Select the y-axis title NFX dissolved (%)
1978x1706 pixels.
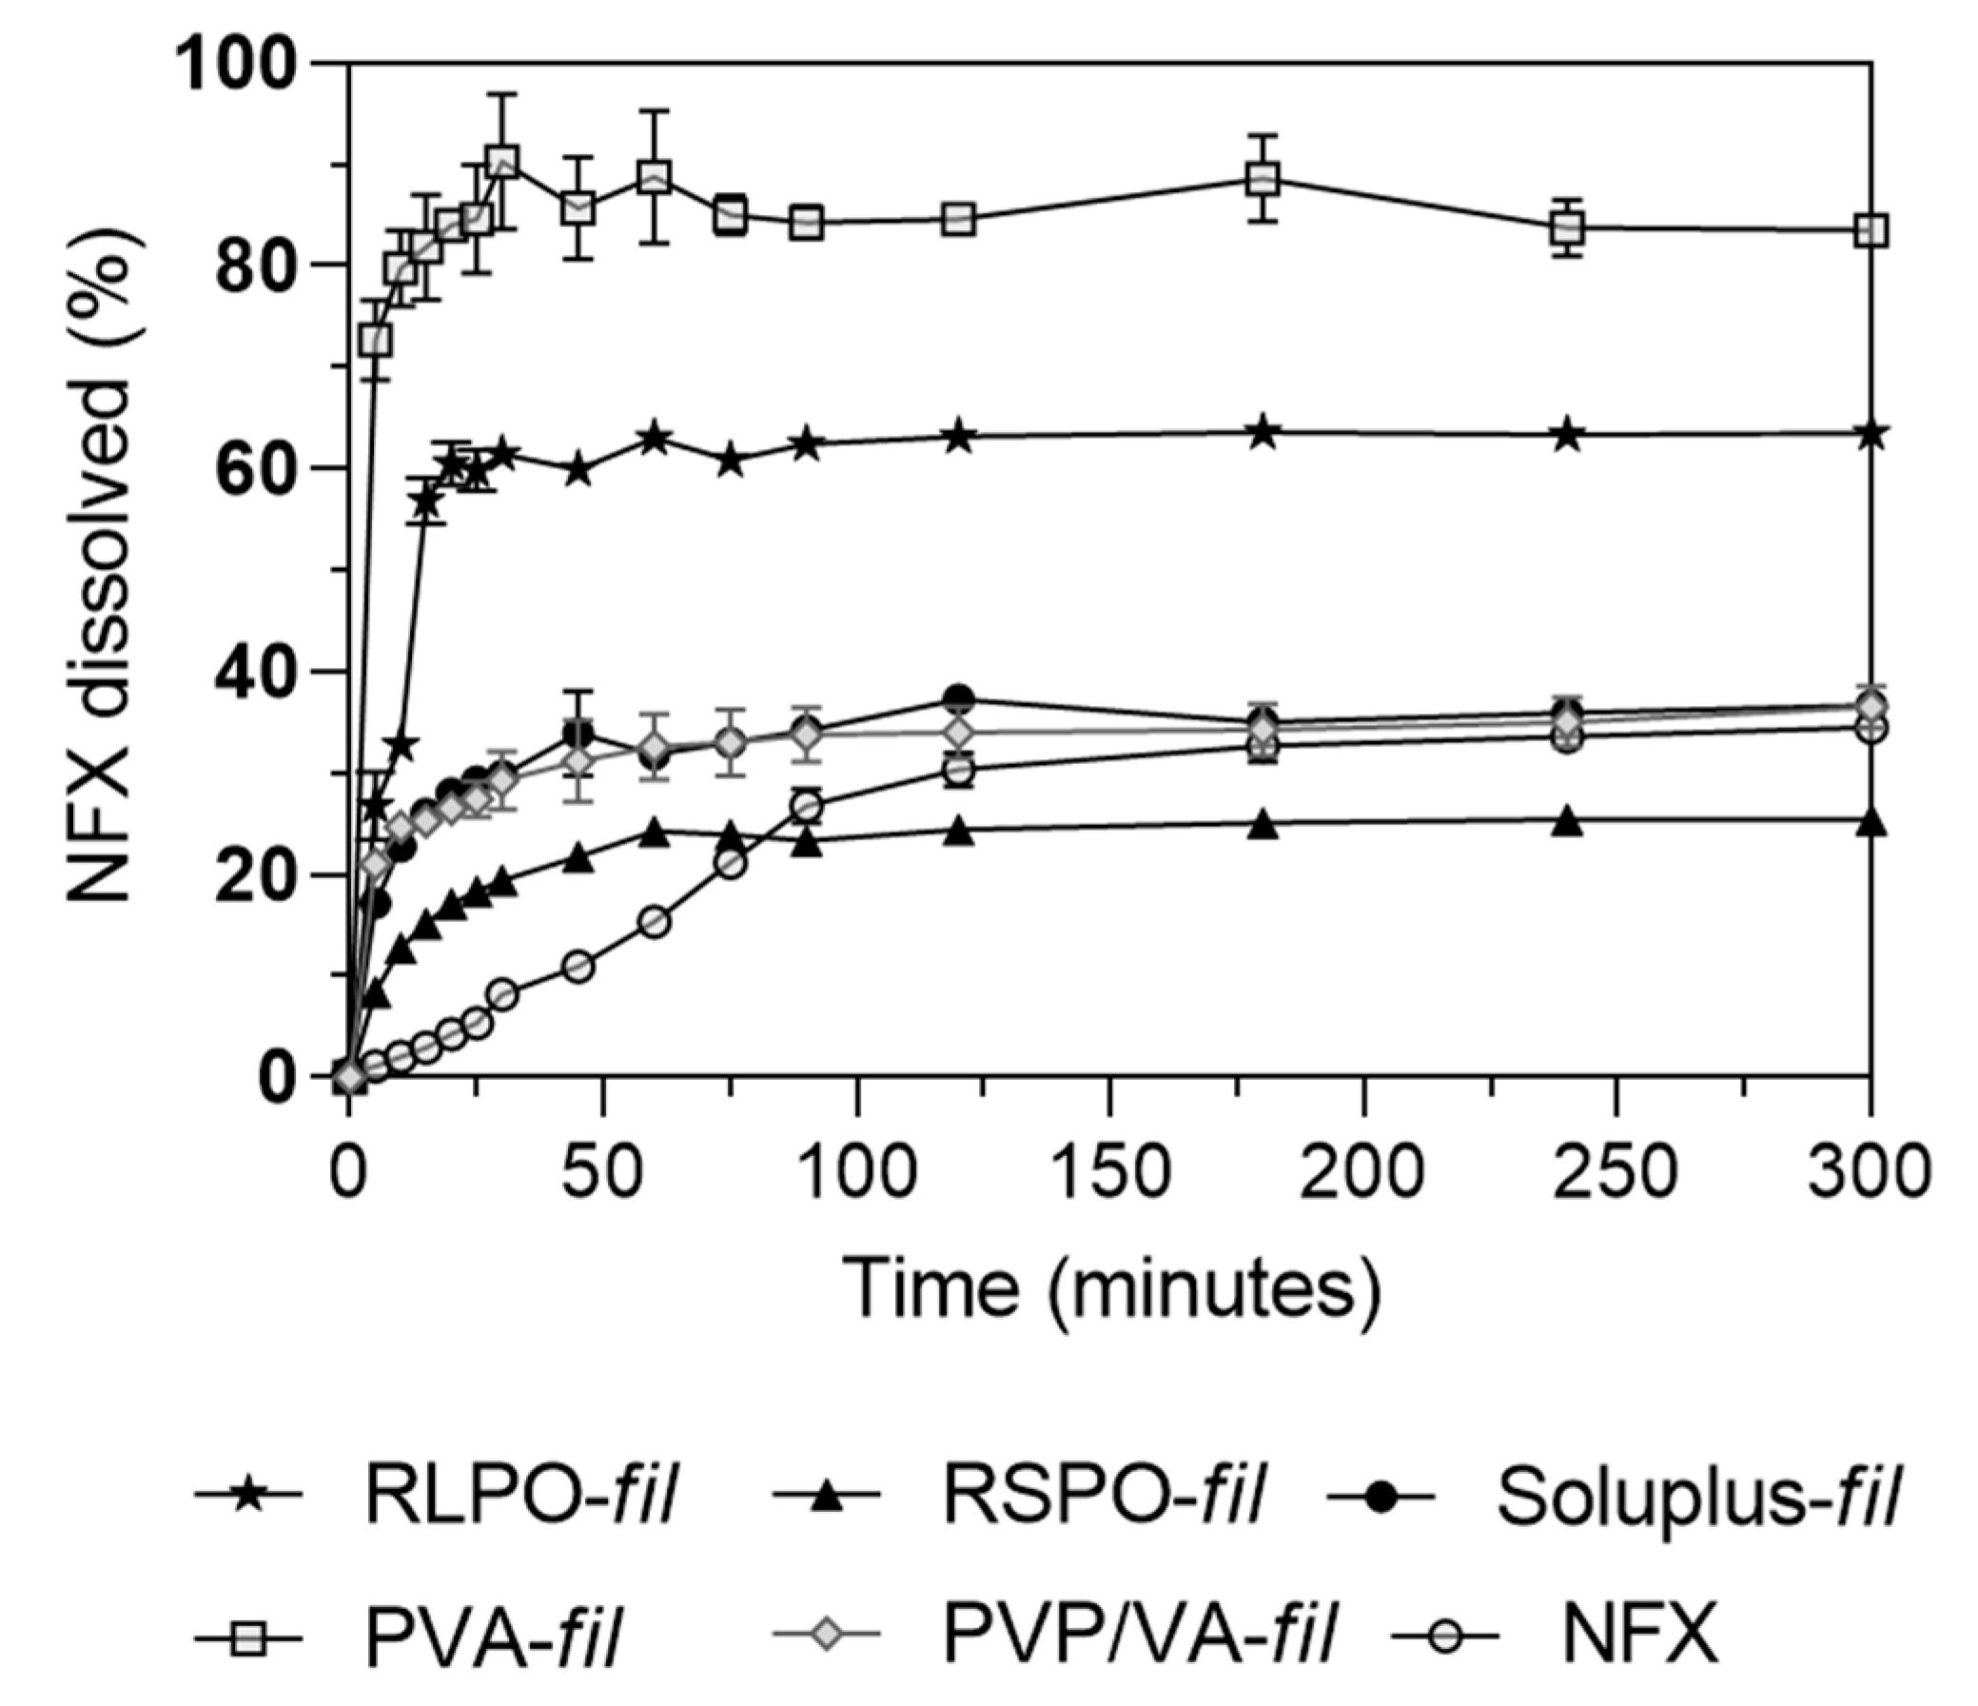[x=99, y=570]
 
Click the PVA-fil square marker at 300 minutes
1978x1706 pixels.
[x=1871, y=231]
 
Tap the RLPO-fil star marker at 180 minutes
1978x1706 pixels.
[x=1263, y=432]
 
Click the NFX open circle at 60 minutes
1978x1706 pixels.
[x=654, y=922]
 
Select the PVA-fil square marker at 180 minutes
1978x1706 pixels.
[x=1263, y=179]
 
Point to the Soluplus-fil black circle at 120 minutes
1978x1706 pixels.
[x=959, y=698]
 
